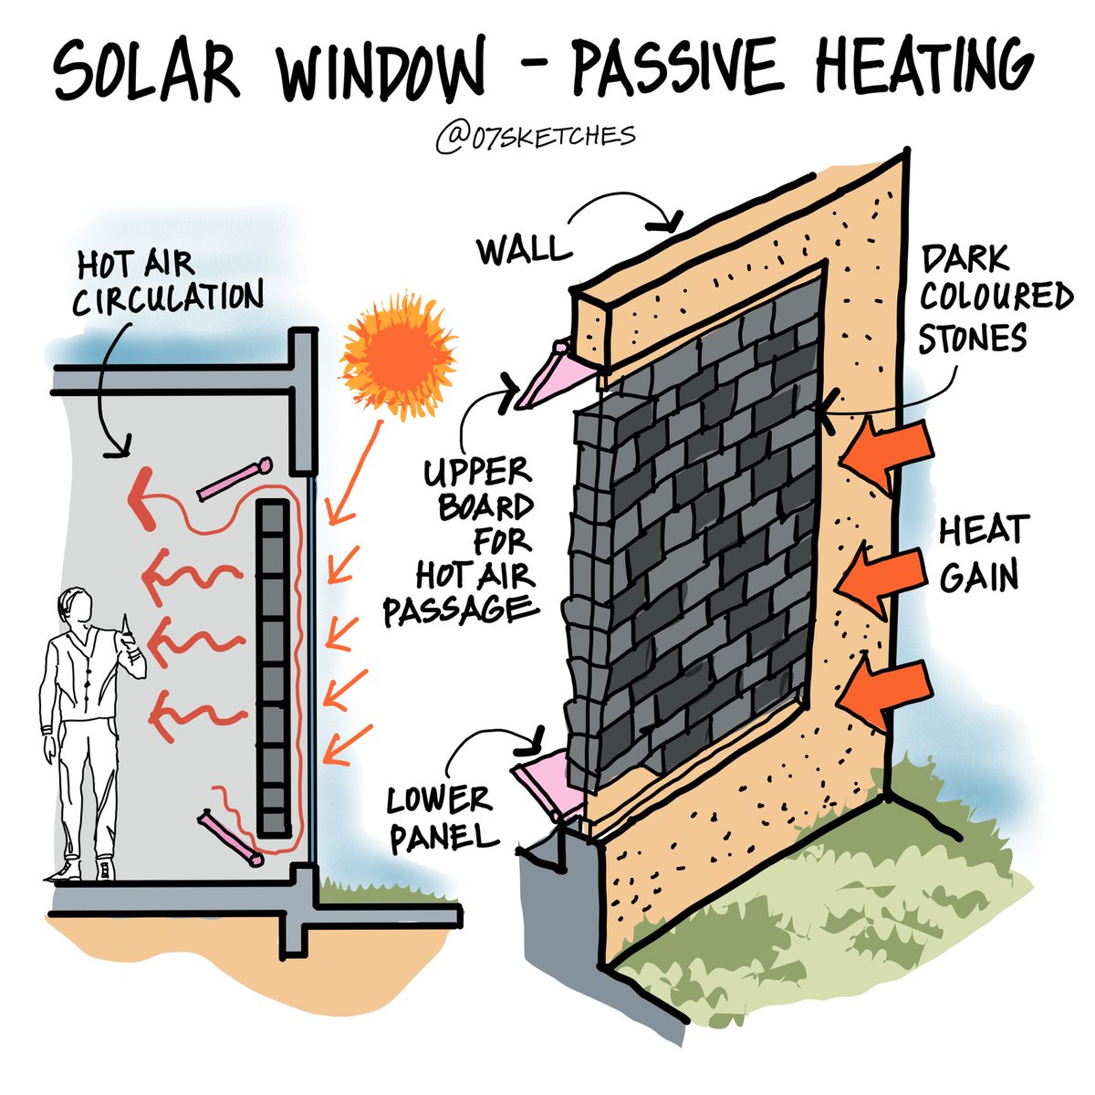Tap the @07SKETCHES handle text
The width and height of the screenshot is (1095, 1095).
(x=535, y=137)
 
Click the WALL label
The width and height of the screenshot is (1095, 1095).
(x=520, y=249)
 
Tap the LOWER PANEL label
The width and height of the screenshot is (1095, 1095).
(x=439, y=819)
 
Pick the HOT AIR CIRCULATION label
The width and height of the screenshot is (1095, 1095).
(x=167, y=281)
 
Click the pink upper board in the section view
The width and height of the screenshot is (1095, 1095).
(x=234, y=480)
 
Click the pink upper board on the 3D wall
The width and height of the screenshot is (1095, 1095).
(x=545, y=376)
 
